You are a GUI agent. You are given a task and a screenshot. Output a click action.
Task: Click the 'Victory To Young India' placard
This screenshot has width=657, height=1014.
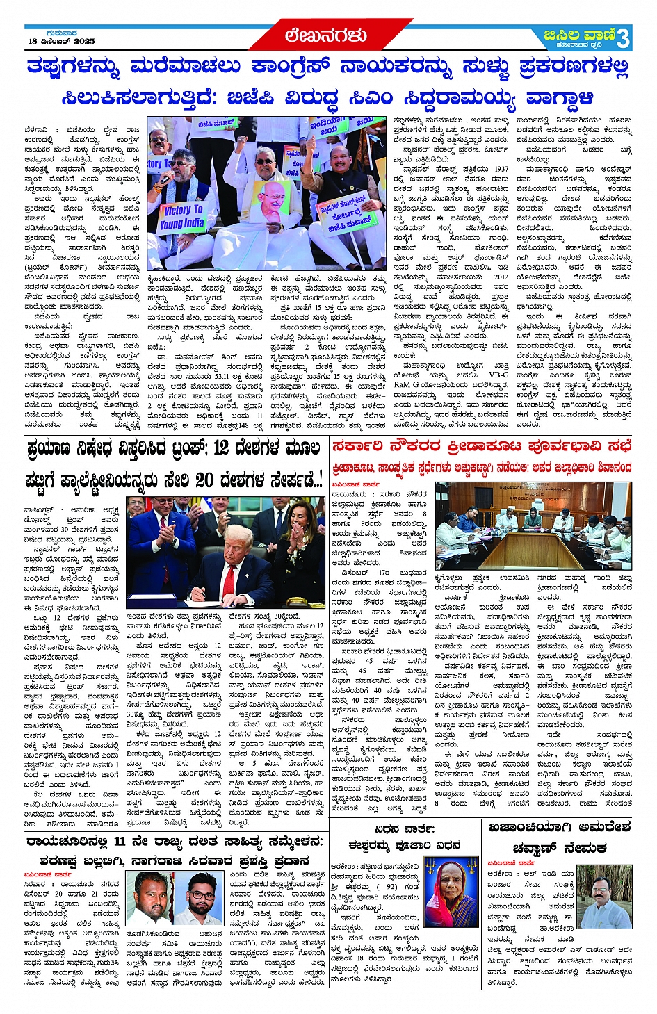pyautogui.click(x=182, y=217)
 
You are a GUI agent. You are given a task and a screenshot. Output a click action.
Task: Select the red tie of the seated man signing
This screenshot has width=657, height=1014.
pyautogui.click(x=229, y=576)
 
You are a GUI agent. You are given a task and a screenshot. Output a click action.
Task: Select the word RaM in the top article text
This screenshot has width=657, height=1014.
pyautogui.click(x=402, y=384)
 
